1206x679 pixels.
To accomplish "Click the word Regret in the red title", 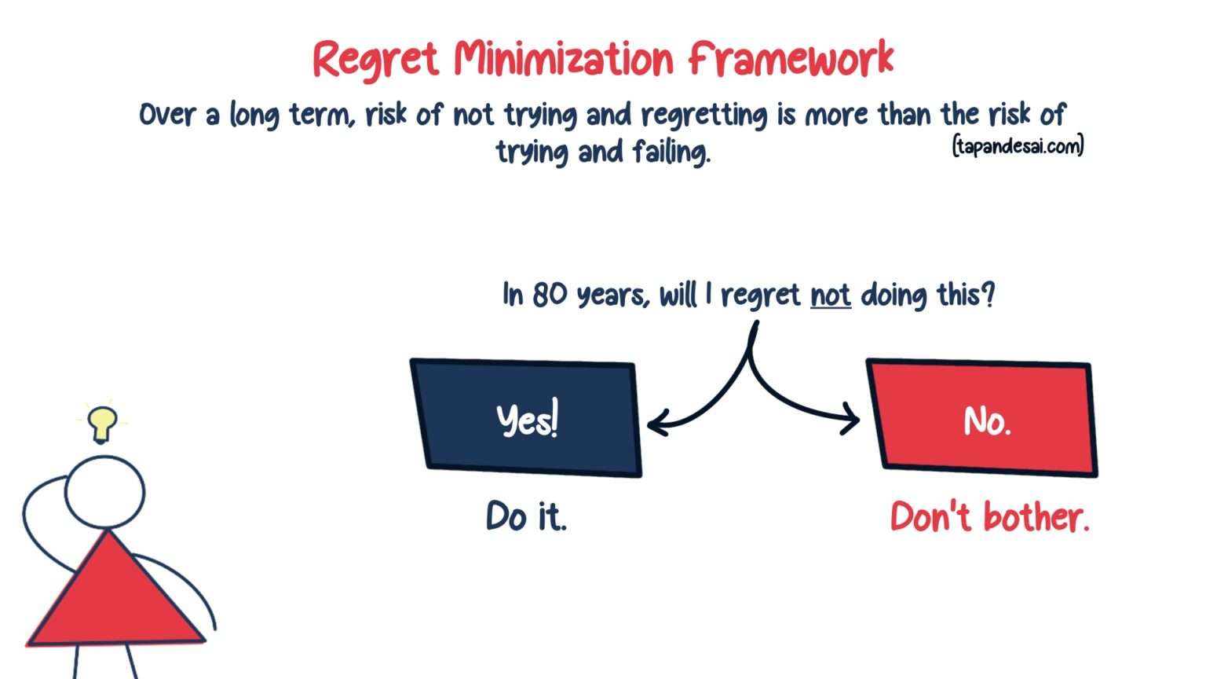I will point(375,60).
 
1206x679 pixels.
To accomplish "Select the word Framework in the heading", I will point(791,58).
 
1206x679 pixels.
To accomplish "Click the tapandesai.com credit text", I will point(1018,146).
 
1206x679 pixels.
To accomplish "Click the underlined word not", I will point(830,296).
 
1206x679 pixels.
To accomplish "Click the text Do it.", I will point(526,517).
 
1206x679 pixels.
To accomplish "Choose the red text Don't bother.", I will point(989,517).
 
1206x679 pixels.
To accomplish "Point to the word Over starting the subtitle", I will point(166,115).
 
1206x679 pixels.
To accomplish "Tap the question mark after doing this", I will point(988,295).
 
